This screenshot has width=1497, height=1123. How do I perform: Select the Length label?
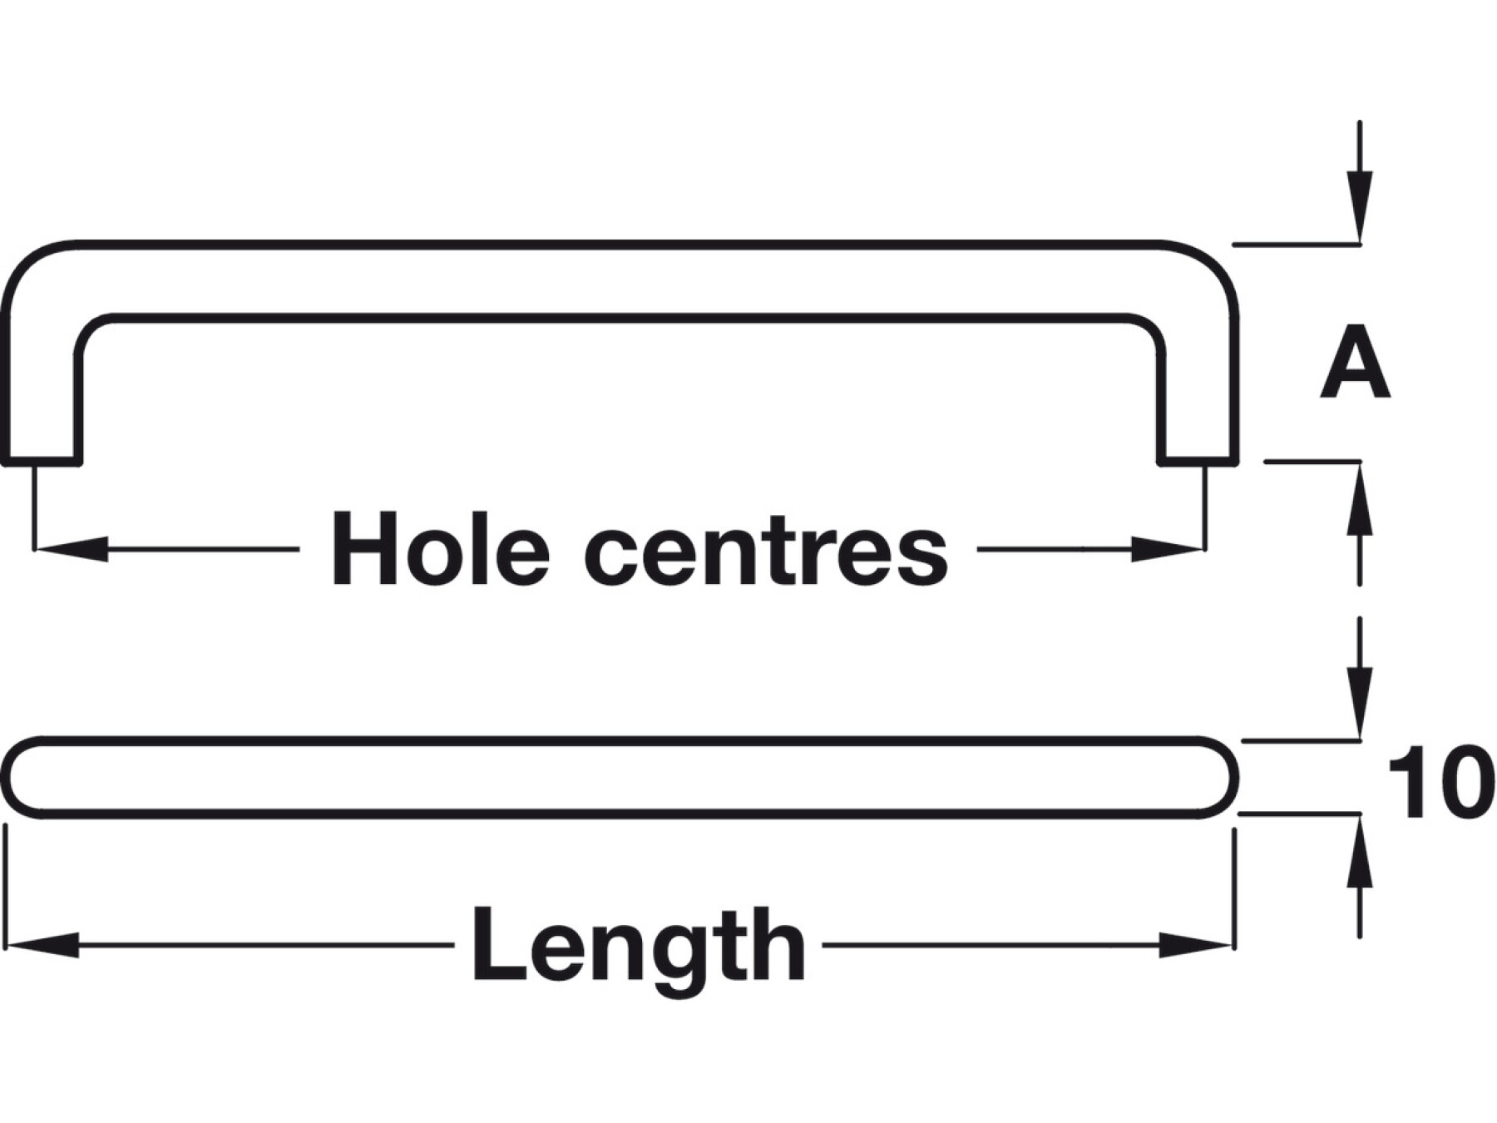(638, 945)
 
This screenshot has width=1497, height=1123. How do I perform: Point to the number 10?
(1436, 783)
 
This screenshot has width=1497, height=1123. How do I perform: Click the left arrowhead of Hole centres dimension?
(71, 549)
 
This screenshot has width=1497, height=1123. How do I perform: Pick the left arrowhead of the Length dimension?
(42, 945)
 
